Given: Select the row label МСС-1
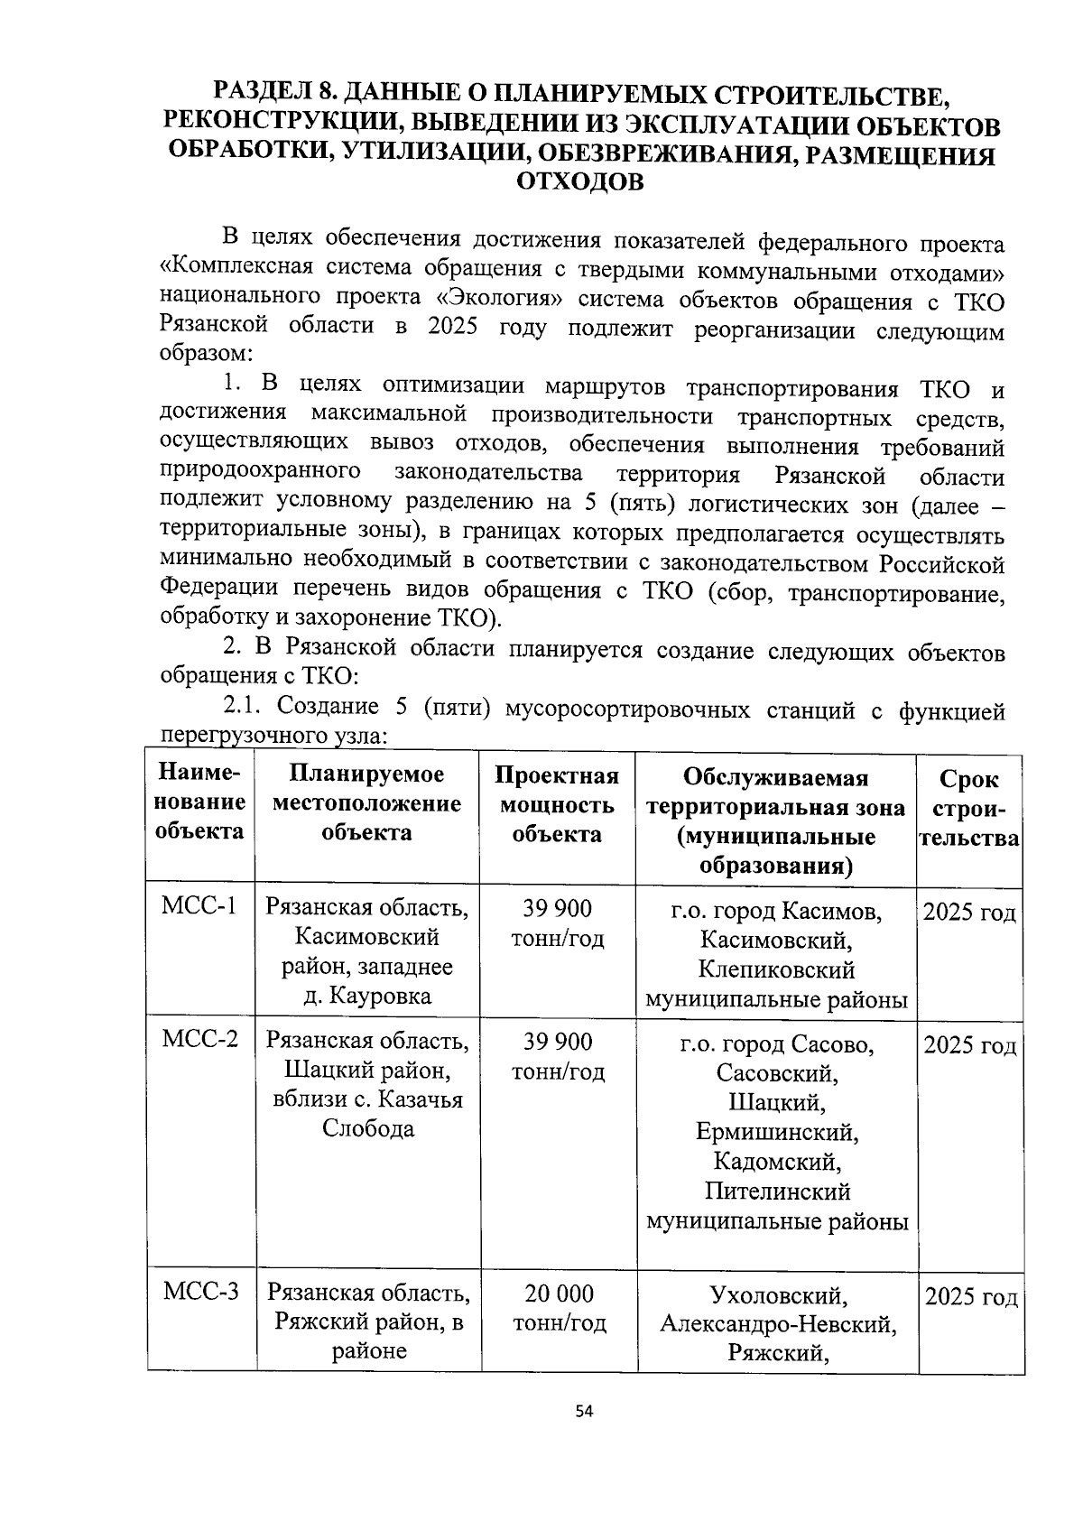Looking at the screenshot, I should (199, 906).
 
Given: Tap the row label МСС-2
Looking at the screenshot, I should (200, 1040).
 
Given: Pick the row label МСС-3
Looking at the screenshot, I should (200, 1292).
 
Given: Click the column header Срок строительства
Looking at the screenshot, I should (969, 808).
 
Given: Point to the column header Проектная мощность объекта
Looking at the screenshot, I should (557, 804).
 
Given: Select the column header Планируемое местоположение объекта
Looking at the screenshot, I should (366, 802).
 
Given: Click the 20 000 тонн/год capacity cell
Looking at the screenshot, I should (560, 1308).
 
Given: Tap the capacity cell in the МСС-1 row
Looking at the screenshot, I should (557, 923).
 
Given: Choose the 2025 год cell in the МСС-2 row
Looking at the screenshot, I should (970, 1045).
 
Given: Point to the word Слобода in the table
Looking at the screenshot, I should (367, 1128).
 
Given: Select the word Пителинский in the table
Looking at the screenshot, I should (777, 1192).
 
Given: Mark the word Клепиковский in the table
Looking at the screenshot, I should (776, 969).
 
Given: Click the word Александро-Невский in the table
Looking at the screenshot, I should (777, 1323).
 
